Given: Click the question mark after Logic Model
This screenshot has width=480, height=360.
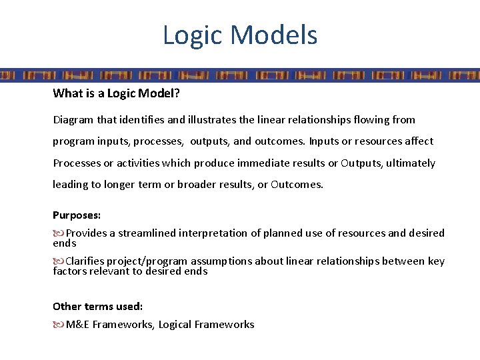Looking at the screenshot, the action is [x=177, y=93].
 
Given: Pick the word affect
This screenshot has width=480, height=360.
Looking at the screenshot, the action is [x=417, y=141].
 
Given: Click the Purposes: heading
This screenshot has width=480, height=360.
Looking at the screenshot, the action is [x=77, y=215].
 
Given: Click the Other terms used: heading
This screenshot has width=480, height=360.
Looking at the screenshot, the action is [x=97, y=307].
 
